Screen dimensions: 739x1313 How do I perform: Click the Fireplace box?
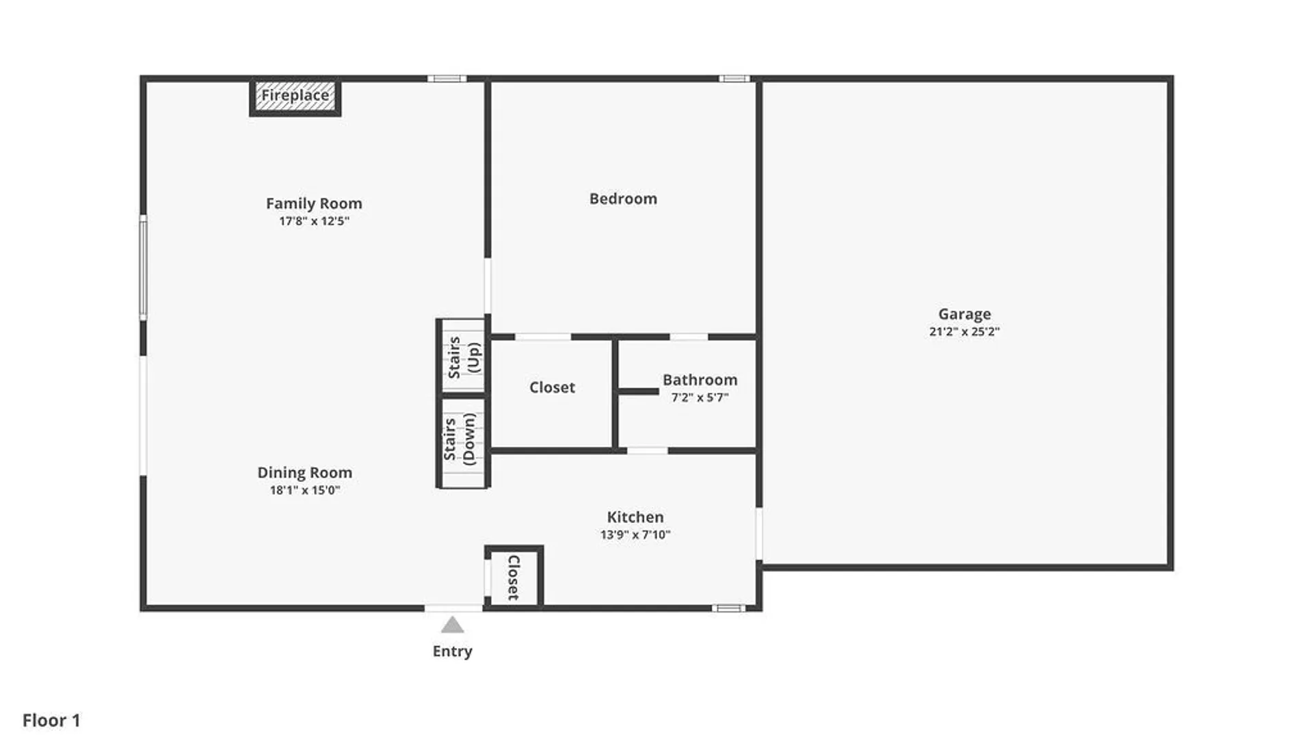click(x=295, y=96)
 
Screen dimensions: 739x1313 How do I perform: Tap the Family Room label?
click(x=314, y=203)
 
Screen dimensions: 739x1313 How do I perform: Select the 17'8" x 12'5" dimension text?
click(x=314, y=221)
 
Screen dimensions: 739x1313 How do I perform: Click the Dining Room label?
click(x=304, y=472)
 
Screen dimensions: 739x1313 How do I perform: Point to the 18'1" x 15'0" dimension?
click(x=304, y=490)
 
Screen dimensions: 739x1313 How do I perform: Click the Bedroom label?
click(x=623, y=198)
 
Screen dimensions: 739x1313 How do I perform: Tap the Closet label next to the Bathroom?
click(x=552, y=387)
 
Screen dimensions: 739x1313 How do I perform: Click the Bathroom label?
click(x=700, y=380)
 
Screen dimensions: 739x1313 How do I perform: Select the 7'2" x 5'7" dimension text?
click(x=700, y=398)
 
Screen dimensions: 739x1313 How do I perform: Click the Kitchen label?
click(x=635, y=517)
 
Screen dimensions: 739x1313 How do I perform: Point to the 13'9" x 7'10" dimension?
click(x=635, y=535)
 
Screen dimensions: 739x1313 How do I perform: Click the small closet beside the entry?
click(x=514, y=577)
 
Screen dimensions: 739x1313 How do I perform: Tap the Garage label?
click(x=964, y=314)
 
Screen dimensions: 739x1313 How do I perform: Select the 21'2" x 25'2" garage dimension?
click(x=964, y=332)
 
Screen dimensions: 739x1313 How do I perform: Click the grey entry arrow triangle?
click(x=452, y=625)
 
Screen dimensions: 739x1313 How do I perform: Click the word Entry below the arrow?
click(x=452, y=651)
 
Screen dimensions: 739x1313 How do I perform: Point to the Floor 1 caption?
click(x=51, y=721)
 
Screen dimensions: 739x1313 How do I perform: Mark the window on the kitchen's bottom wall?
click(x=728, y=608)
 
